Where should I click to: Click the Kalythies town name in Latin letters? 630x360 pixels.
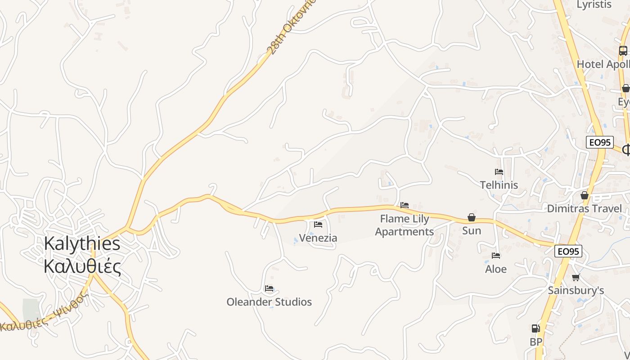[82, 243]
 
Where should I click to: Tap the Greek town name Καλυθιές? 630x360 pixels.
[82, 266]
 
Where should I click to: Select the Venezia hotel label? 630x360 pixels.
[318, 238]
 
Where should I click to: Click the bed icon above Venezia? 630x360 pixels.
[318, 224]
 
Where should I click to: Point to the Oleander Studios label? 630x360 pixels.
[269, 301]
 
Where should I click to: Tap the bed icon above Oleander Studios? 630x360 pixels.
[269, 288]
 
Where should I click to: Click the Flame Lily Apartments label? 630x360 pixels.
[405, 225]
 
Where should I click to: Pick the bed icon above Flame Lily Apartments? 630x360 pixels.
[405, 205]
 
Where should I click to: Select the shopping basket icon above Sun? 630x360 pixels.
[472, 218]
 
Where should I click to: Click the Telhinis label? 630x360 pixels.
[499, 185]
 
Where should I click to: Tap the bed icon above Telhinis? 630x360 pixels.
[499, 171]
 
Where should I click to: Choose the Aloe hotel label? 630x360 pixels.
[496, 269]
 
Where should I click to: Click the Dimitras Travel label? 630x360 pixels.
[584, 208]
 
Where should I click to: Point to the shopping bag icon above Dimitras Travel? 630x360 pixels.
[584, 195]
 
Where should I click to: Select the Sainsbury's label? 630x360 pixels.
[576, 290]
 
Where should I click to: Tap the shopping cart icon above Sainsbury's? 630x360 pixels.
[576, 277]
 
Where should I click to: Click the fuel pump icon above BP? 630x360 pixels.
[535, 328]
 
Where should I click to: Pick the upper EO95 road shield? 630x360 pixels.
[600, 142]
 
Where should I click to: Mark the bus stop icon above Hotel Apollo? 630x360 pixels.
[623, 51]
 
